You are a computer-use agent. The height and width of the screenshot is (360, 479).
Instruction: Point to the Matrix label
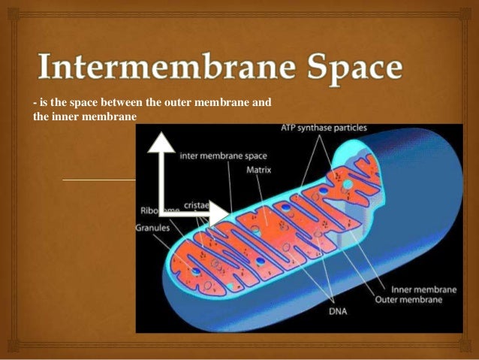(258, 171)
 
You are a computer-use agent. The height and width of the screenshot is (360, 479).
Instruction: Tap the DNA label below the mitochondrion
(338, 310)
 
